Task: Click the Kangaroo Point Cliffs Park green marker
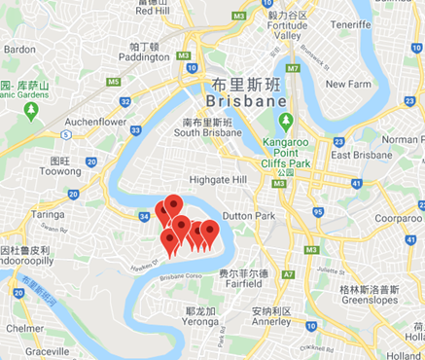coord(285,123)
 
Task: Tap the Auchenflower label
coord(96,122)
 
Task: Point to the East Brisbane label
coord(357,155)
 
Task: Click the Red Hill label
coord(152,12)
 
